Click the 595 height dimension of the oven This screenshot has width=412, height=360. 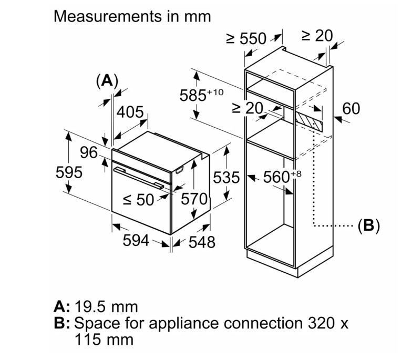69,172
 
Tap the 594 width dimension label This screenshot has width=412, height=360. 136,240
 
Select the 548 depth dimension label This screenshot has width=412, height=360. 202,242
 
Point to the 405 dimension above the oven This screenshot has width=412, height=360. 130,112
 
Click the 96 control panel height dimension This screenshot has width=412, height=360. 89,152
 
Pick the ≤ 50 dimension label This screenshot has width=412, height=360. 139,200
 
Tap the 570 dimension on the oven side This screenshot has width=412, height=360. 194,199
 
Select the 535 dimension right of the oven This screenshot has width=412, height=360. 226,178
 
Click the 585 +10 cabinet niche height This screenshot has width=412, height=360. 202,95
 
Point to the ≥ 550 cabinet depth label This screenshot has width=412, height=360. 246,39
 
